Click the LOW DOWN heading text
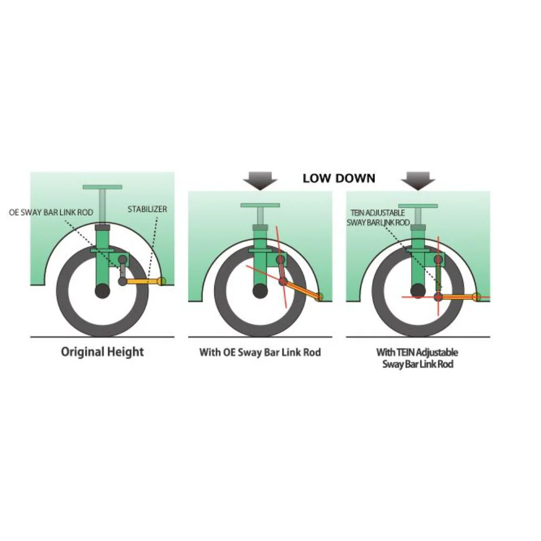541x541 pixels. [339, 178]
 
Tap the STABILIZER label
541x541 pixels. [147, 209]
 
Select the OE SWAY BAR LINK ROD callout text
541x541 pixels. [51, 212]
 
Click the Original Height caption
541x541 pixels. [102, 352]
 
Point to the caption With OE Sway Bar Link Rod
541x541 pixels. [260, 352]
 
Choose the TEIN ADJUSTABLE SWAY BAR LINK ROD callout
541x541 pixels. [378, 217]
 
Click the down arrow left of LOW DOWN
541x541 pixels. [260, 181]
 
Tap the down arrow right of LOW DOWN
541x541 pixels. [418, 181]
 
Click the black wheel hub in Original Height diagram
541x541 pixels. [102, 291]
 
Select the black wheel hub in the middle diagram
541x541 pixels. [260, 291]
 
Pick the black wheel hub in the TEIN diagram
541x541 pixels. [418, 291]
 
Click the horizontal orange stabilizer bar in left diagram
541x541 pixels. [142, 281]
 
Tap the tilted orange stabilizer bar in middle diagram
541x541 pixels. [301, 289]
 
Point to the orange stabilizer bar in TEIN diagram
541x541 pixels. [458, 296]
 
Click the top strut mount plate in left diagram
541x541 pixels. [102, 187]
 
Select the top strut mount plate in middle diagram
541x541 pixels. [260, 205]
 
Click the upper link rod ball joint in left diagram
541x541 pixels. [122, 260]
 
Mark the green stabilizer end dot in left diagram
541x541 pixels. [163, 281]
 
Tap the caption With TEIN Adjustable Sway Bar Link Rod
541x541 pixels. [418, 358]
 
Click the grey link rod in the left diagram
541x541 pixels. [122, 270]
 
